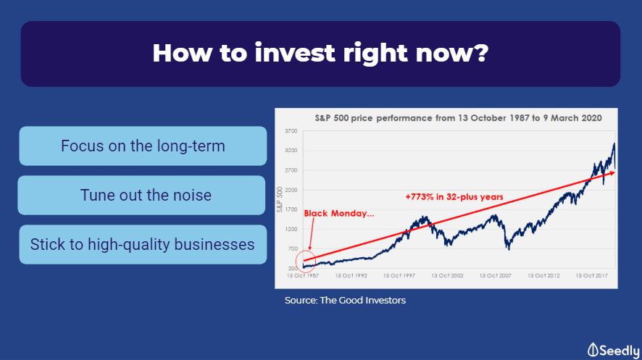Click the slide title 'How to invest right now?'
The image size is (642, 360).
click(x=320, y=54)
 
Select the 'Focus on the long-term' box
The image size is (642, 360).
click(x=143, y=146)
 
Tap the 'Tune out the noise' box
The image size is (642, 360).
click(x=142, y=195)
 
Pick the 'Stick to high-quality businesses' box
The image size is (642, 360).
click(x=143, y=244)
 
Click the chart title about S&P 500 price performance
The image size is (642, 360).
click(x=458, y=118)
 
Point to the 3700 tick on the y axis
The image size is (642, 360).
click(x=291, y=131)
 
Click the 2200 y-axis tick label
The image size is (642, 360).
click(x=291, y=190)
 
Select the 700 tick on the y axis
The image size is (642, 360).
click(x=293, y=248)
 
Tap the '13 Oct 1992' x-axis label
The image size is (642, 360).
click(x=351, y=276)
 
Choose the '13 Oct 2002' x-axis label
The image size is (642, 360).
click(x=448, y=276)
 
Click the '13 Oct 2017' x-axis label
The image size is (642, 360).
click(x=591, y=276)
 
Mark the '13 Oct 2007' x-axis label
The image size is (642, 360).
click(x=496, y=276)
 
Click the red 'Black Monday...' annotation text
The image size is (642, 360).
click(x=339, y=214)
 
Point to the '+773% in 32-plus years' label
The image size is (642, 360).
click(x=454, y=197)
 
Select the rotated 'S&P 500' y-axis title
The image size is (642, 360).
click(x=280, y=199)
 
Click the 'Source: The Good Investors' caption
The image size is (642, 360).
click(x=345, y=301)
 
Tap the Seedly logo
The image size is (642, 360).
click(x=613, y=351)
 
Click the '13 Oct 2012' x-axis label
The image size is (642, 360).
click(x=543, y=276)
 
